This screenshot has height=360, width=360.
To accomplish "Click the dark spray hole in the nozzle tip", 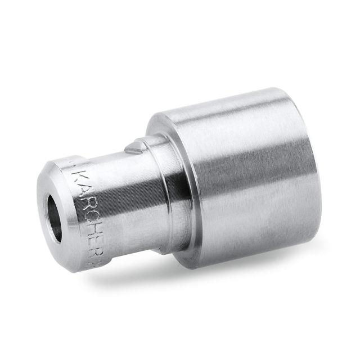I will click(x=55, y=210).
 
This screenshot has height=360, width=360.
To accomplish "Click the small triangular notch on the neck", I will click(x=133, y=148).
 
